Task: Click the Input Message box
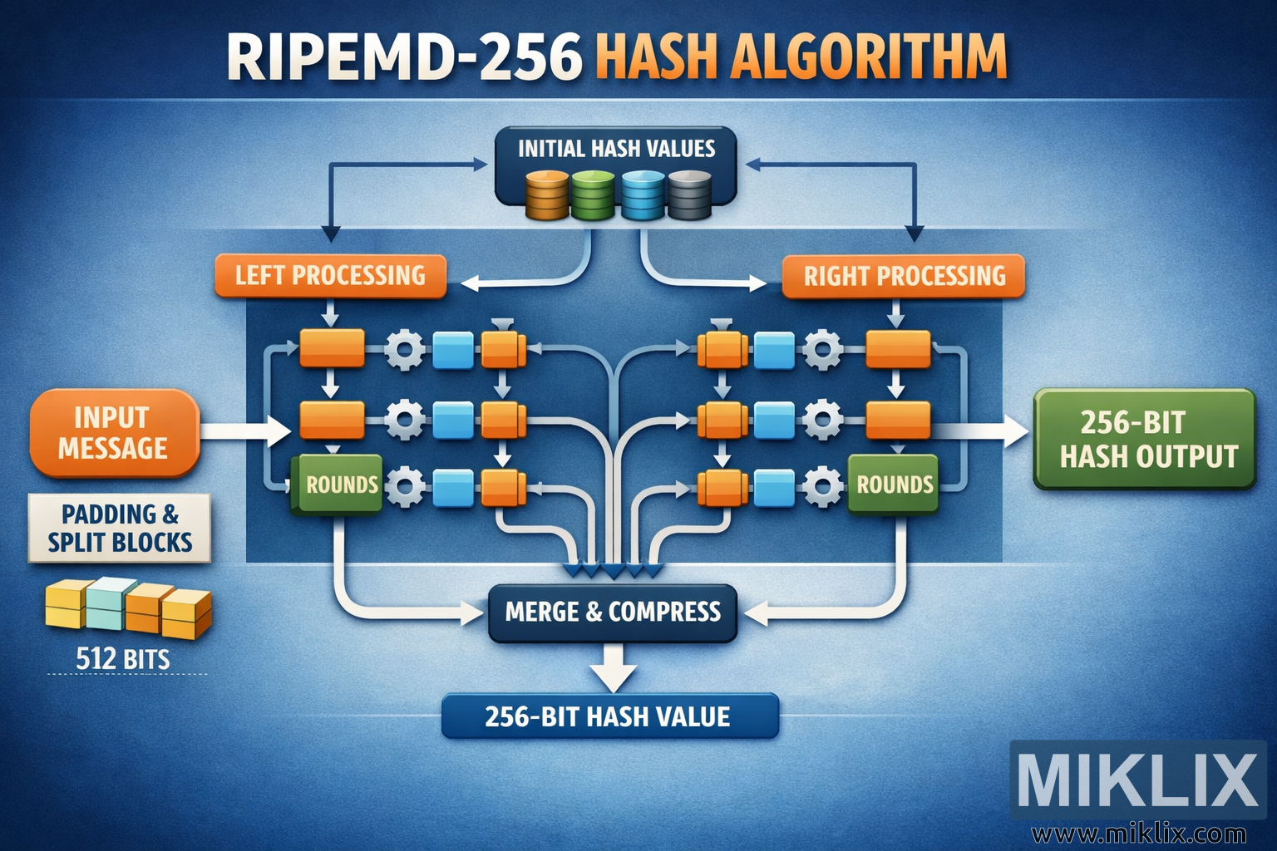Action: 114,433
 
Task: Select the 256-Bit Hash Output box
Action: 1144,439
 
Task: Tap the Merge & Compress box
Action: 613,612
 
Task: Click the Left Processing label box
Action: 330,276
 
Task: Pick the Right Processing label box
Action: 904,276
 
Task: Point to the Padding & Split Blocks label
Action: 120,529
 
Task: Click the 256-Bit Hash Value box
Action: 609,716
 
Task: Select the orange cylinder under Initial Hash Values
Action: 547,195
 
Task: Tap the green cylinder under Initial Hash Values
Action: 593,195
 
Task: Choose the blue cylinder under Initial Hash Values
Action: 643,195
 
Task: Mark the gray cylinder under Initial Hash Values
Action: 689,195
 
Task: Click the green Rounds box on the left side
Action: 338,484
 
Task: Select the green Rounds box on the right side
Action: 894,484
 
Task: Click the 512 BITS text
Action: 123,660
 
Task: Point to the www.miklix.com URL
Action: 1138,834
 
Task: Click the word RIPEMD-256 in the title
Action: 404,57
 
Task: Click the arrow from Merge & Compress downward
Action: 614,667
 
